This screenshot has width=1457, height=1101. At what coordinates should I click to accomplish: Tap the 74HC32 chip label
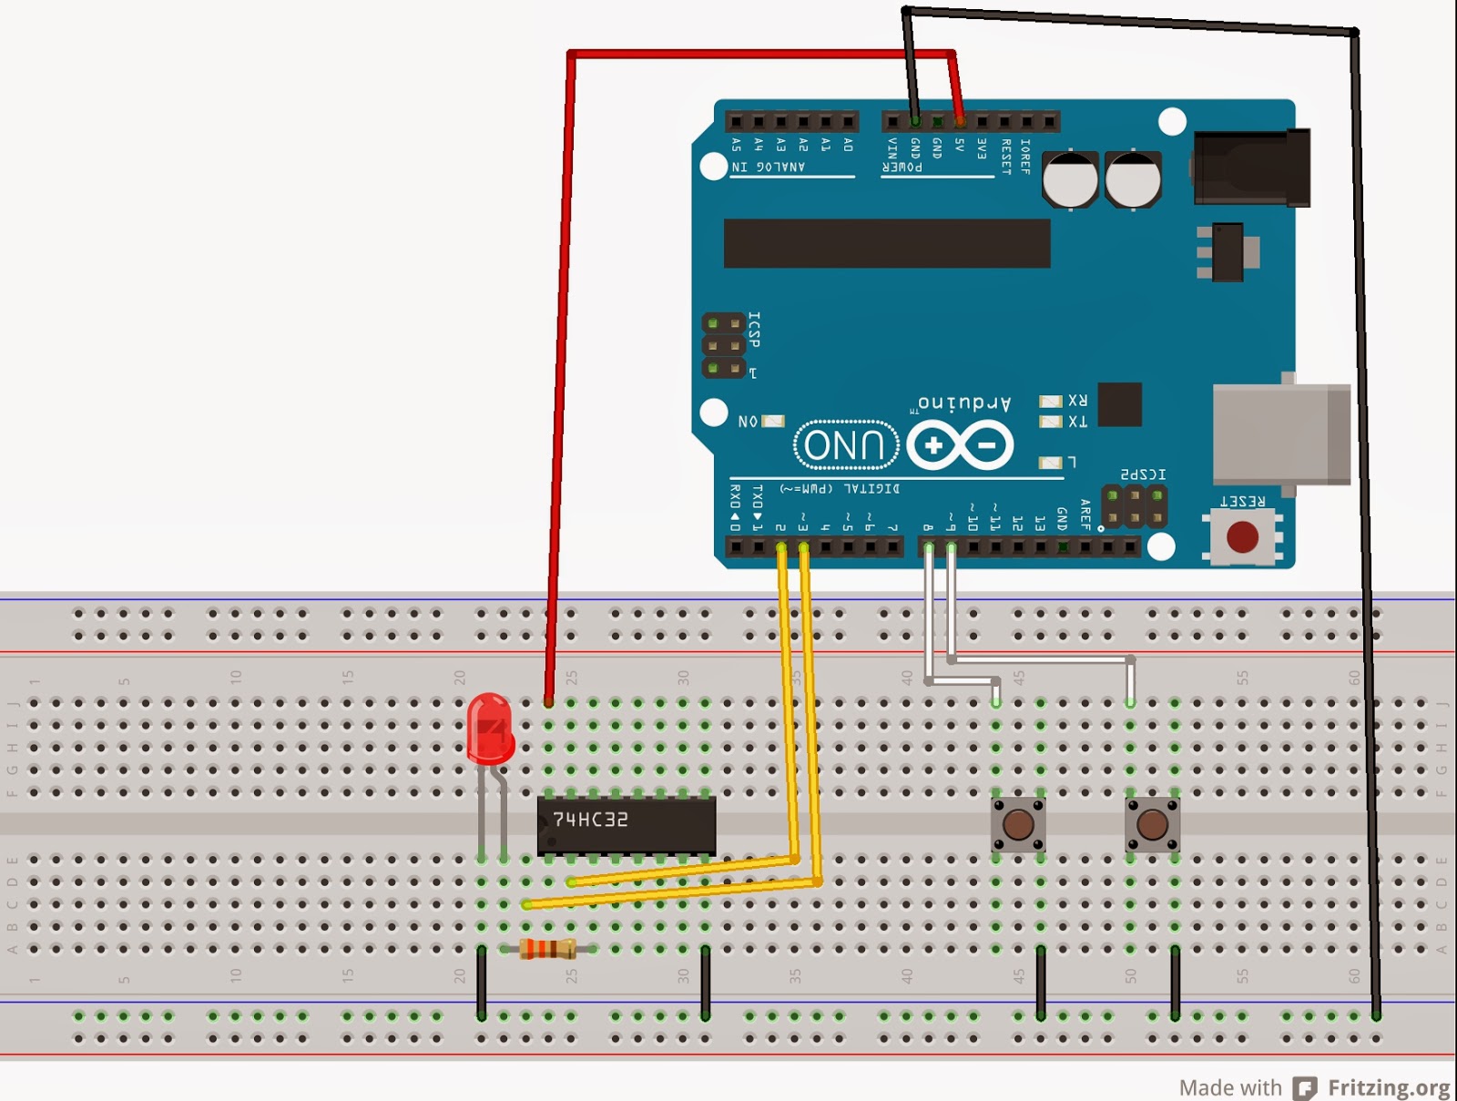click(x=590, y=820)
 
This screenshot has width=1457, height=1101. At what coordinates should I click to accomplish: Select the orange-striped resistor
click(x=547, y=949)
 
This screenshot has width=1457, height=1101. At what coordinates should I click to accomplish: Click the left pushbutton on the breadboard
click(x=1018, y=824)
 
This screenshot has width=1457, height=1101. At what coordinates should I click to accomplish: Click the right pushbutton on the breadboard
click(x=1152, y=824)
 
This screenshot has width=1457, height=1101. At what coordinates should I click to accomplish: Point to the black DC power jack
click(x=1252, y=168)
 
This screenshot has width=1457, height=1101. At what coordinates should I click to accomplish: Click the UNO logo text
click(x=846, y=445)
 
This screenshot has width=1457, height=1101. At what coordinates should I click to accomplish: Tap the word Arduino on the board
click(x=964, y=402)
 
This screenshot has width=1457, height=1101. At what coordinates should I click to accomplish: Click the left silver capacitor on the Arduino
click(x=1070, y=179)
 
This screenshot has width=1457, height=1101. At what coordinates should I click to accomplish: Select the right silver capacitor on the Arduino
click(x=1133, y=179)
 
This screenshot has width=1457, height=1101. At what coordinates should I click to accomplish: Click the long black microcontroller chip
click(x=887, y=243)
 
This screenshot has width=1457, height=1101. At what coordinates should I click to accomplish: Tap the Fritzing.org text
click(x=1388, y=1087)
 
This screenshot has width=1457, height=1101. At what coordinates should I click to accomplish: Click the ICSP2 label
click(x=1143, y=474)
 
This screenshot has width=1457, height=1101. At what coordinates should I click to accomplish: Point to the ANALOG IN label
click(x=769, y=168)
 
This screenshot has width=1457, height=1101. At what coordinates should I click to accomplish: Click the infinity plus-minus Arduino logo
click(x=960, y=445)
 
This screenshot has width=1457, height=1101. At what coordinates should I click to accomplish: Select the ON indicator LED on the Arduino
click(x=772, y=421)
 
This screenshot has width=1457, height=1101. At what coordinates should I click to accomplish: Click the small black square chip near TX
click(x=1119, y=404)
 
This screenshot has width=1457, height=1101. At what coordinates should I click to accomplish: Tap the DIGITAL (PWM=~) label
click(x=839, y=489)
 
